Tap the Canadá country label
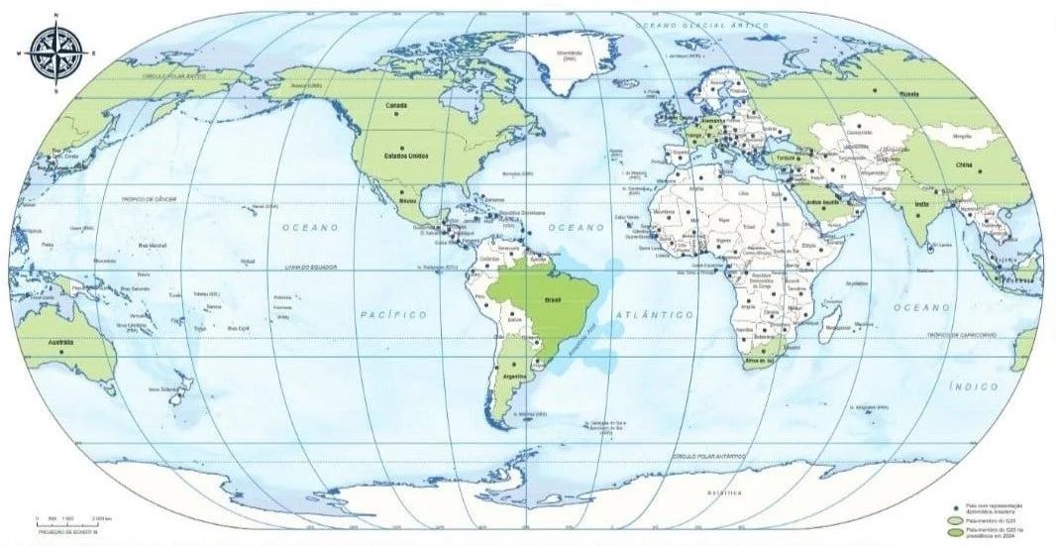[x=396, y=104]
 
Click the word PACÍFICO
[x=393, y=314]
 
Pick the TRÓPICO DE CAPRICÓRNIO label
[x=961, y=336]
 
